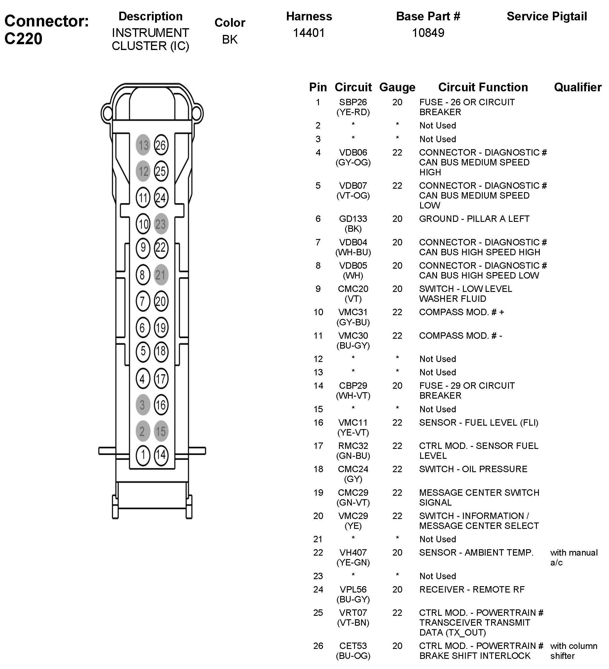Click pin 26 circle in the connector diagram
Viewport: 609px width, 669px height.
pyautogui.click(x=161, y=145)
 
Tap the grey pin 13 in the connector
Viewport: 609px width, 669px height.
pyautogui.click(x=143, y=145)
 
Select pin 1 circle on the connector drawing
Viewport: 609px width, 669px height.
pyautogui.click(x=143, y=454)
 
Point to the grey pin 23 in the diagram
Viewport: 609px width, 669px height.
pyautogui.click(x=161, y=224)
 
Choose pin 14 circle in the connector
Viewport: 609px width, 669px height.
pyautogui.click(x=161, y=454)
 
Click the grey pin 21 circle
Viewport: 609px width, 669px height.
pyautogui.click(x=161, y=275)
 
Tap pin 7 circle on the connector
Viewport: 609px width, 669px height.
pyautogui.click(x=143, y=301)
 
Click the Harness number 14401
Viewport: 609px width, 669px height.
pyautogui.click(x=308, y=33)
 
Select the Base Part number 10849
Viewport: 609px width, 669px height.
pyautogui.click(x=428, y=33)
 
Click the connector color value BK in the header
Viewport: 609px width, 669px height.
pyautogui.click(x=230, y=40)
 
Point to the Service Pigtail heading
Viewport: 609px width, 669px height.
pyautogui.click(x=546, y=16)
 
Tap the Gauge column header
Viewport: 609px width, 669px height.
pyautogui.click(x=397, y=87)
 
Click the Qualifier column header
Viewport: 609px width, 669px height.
pyautogui.click(x=578, y=87)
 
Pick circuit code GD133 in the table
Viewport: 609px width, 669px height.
pyautogui.click(x=353, y=219)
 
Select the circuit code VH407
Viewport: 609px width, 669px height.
pyautogui.click(x=353, y=552)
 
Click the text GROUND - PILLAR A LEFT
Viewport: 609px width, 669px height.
pyautogui.click(x=474, y=219)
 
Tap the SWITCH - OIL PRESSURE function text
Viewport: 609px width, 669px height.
pyautogui.click(x=473, y=469)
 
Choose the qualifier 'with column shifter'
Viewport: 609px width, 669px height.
pyautogui.click(x=574, y=651)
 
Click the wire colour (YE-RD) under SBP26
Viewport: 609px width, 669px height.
pyautogui.click(x=353, y=112)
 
